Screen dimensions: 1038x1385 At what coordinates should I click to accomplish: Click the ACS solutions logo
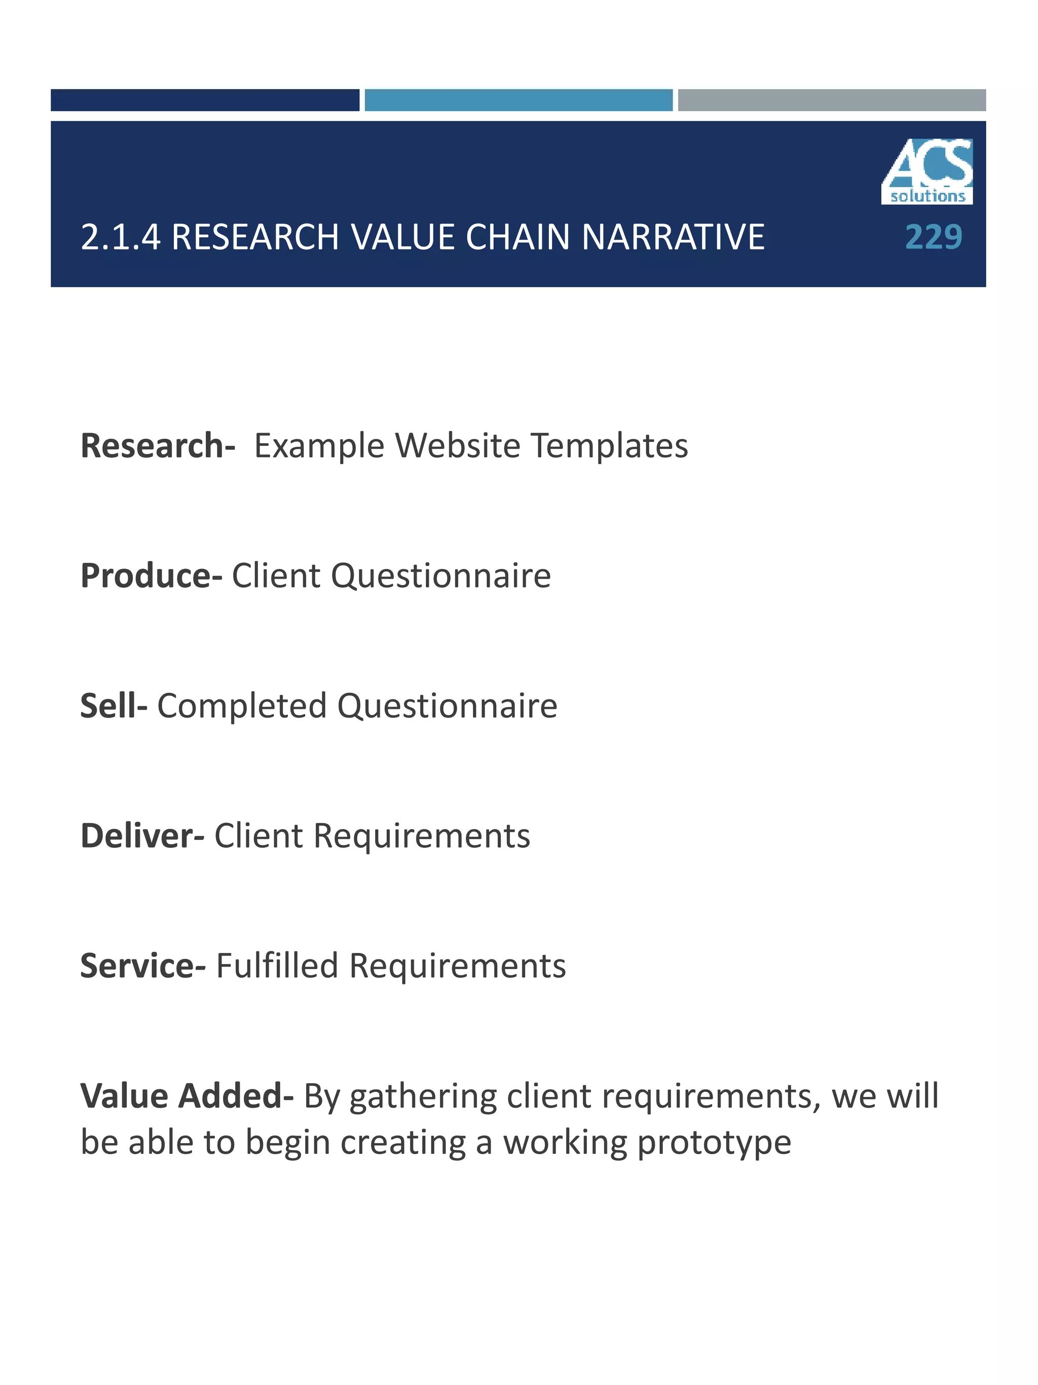pos(926,171)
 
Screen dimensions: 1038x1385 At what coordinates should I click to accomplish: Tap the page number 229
pos(934,237)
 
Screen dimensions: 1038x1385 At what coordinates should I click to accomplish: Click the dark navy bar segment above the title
pos(205,100)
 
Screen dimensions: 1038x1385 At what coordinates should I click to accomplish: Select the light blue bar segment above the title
pos(518,100)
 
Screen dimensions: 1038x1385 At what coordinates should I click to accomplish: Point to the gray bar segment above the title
pos(832,100)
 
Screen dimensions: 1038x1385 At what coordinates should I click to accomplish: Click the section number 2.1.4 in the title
pos(120,237)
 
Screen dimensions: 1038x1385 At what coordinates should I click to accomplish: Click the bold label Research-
pos(158,446)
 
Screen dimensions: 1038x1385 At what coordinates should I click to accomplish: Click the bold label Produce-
pos(152,576)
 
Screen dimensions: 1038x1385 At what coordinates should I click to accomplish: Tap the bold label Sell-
pos(114,705)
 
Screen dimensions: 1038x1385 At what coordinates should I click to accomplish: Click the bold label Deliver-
pos(142,836)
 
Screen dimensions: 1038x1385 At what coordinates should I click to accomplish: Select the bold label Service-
pos(142,966)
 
